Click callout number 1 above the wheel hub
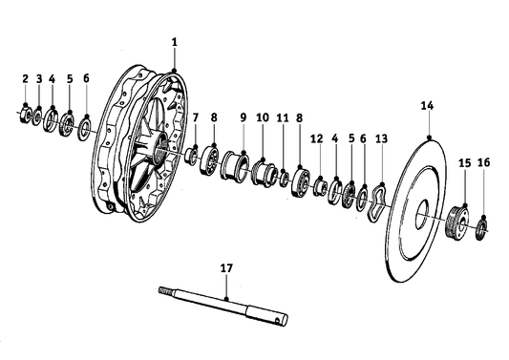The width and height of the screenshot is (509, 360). [x=175, y=43]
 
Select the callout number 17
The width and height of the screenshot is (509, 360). [x=226, y=270]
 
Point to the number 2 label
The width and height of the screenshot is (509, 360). [x=26, y=78]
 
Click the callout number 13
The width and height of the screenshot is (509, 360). [x=381, y=138]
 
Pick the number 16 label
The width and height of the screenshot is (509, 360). [x=482, y=163]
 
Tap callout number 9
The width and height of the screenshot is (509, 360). [x=243, y=117]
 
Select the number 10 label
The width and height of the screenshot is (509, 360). [x=262, y=117]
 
